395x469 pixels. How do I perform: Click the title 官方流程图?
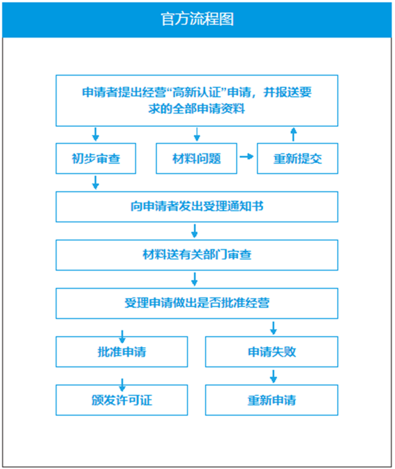pyautogui.click(x=197, y=19)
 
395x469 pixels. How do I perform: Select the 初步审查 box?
pyautogui.click(x=96, y=158)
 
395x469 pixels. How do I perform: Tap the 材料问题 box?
pyautogui.click(x=196, y=158)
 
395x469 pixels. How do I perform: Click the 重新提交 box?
pyautogui.click(x=297, y=158)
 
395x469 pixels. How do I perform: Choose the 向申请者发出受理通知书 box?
pyautogui.click(x=197, y=207)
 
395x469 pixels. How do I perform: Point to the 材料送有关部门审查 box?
pyautogui.click(x=197, y=255)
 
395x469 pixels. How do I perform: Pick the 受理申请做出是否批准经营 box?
pyautogui.click(x=197, y=303)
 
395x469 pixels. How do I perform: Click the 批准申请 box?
pyautogui.click(x=121, y=352)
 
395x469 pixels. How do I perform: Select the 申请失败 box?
pyautogui.click(x=271, y=352)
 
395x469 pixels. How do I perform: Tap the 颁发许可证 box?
pyautogui.click(x=121, y=400)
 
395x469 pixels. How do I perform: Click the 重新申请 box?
pyautogui.click(x=271, y=400)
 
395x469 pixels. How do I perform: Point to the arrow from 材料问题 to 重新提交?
pyautogui.click(x=247, y=156)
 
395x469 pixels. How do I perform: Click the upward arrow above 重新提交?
pyautogui.click(x=294, y=134)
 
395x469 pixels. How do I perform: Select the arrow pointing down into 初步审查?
pyautogui.click(x=96, y=134)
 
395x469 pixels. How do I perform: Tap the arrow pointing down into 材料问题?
pyautogui.click(x=197, y=134)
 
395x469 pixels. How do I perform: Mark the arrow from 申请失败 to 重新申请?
pyautogui.click(x=273, y=376)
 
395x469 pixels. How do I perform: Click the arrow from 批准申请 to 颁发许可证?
pyautogui.click(x=122, y=385)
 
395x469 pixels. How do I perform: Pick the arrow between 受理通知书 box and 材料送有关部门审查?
pyautogui.click(x=194, y=231)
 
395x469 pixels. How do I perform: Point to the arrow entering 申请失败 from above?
pyautogui.click(x=273, y=328)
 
